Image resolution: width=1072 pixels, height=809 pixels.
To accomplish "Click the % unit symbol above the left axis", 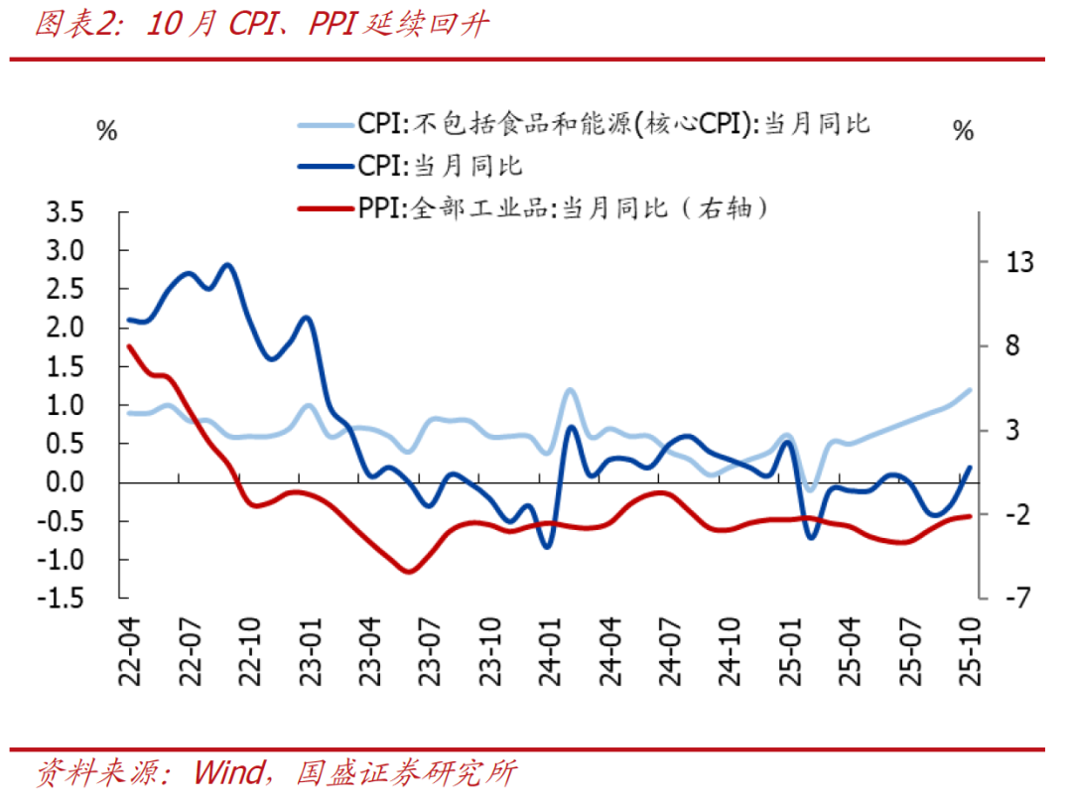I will [106, 130].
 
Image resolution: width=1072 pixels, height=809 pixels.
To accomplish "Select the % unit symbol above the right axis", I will [962, 130].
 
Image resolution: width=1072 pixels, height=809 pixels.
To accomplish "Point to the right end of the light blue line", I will [969, 390].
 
